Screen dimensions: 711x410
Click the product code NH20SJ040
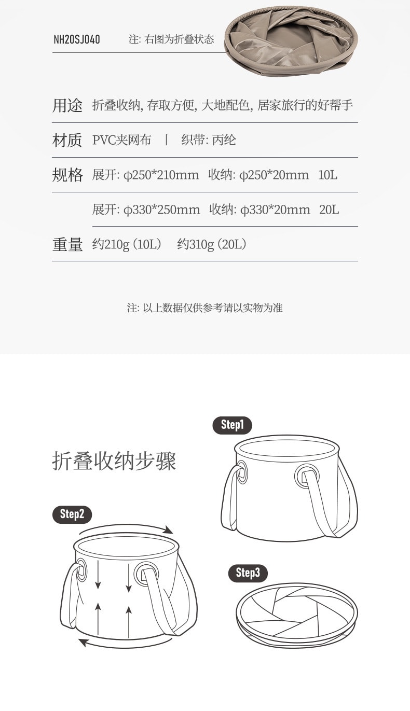point(77,39)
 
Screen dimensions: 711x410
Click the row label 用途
point(67,106)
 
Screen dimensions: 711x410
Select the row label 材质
point(67,140)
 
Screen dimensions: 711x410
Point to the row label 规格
point(67,175)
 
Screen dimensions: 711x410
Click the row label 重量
point(67,244)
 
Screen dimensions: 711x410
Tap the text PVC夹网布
point(122,140)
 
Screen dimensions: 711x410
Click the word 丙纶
point(224,140)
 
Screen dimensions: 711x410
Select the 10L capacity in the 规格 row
point(327,175)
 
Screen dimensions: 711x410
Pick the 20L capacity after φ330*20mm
point(329,210)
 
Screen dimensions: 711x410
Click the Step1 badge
point(232,425)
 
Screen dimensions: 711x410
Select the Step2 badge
point(72,514)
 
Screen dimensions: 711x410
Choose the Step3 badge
point(248,573)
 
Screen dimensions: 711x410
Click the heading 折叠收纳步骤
point(114,461)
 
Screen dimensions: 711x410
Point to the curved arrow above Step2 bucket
point(127,528)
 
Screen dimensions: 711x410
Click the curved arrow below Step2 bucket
point(125,643)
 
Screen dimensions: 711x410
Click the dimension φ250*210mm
point(161,175)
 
